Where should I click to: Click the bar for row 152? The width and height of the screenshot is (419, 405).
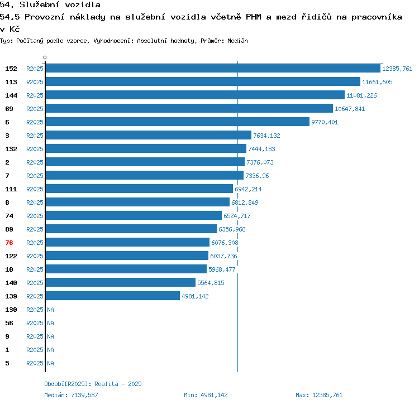point(213,69)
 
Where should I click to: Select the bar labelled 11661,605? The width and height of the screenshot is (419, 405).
point(203,82)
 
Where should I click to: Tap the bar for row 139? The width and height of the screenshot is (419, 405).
point(113,296)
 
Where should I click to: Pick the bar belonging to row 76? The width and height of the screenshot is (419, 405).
point(127,243)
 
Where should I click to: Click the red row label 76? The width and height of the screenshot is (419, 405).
point(9,243)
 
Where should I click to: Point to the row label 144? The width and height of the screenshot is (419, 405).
point(11,95)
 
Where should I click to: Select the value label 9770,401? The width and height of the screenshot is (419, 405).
point(325,122)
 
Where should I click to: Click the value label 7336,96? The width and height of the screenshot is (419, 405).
point(257,176)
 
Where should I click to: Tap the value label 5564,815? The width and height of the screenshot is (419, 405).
point(211,283)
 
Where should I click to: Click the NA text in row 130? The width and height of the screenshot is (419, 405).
point(50,310)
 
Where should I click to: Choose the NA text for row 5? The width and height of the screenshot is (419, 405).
point(50,363)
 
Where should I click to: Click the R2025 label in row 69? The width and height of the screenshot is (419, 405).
point(35,109)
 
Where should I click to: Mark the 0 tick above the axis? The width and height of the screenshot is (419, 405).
point(45,57)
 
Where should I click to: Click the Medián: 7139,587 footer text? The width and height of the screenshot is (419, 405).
point(71,395)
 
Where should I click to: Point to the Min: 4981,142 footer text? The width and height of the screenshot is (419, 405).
point(206,395)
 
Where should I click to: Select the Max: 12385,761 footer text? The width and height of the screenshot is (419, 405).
point(319,395)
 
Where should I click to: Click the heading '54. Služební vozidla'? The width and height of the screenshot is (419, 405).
point(50,5)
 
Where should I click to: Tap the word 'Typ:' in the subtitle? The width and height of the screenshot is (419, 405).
point(6,41)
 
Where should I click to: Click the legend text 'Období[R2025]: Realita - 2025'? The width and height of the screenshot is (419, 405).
point(93,384)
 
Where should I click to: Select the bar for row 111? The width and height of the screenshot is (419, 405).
point(139,189)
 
